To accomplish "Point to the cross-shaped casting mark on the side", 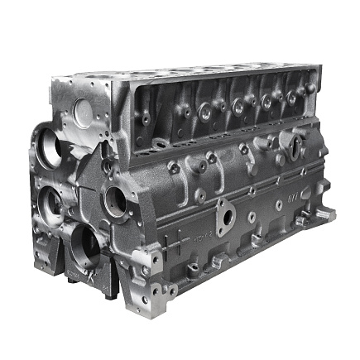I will tap(279, 204).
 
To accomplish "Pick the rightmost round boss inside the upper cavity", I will tap(292, 98).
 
